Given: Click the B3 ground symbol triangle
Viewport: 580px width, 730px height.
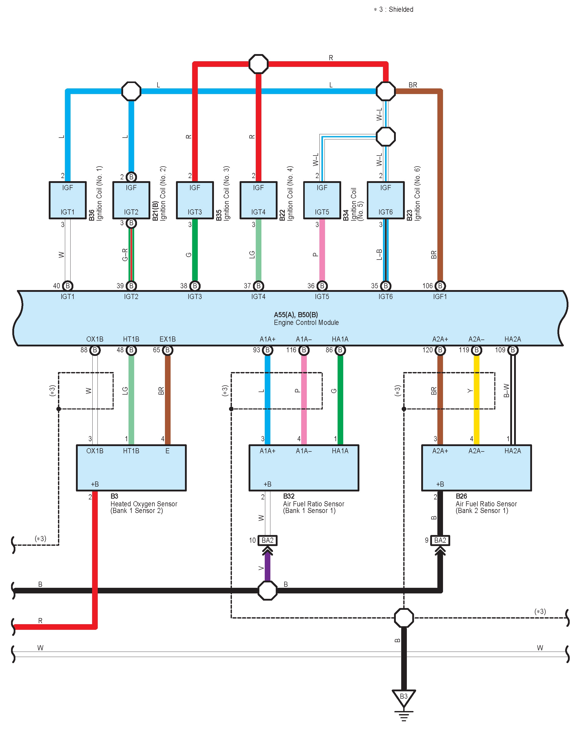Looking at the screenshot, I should (x=404, y=697).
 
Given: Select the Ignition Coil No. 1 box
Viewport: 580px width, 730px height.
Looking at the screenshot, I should (x=67, y=200).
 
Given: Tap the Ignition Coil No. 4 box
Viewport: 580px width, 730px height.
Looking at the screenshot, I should (x=258, y=200).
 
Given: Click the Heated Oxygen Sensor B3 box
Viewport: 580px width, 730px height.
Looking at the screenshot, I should (x=131, y=468).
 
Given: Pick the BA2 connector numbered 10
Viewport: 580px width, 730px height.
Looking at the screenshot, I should (x=268, y=540).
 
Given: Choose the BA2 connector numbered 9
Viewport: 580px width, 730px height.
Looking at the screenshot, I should (x=440, y=540).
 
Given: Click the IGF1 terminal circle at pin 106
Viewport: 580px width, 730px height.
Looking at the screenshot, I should (x=440, y=286).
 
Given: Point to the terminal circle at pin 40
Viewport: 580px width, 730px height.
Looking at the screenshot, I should (x=67, y=286).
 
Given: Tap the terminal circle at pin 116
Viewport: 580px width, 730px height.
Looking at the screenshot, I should (x=304, y=350).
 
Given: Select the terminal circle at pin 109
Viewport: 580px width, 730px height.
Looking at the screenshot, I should (x=513, y=350).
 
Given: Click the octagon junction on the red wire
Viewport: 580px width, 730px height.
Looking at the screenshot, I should (x=258, y=64).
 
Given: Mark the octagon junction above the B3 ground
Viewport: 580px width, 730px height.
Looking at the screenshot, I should (x=404, y=618).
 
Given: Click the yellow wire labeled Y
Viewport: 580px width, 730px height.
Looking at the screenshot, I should (x=476, y=399).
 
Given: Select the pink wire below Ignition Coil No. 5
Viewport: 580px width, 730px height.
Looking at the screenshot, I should (x=322, y=251).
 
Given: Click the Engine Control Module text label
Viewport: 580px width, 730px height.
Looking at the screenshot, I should (x=306, y=322).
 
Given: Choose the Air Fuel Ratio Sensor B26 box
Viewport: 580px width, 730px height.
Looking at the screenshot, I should (x=476, y=468).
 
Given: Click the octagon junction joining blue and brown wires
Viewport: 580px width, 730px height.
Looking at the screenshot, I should (x=385, y=91).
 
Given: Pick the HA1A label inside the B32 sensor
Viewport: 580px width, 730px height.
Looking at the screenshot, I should (x=340, y=451).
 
